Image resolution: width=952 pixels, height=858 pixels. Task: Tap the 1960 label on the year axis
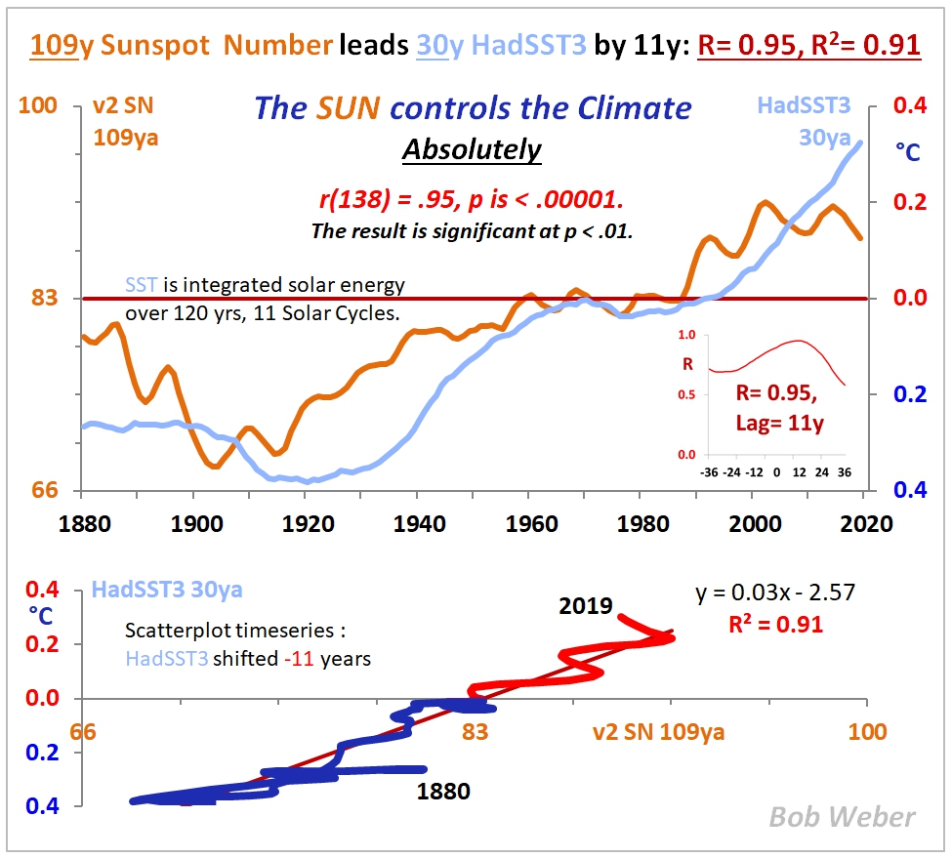529,522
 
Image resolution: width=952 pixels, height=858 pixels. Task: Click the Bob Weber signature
842,817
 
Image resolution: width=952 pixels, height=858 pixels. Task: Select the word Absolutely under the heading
472,150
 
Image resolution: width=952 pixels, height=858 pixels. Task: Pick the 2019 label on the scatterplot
585,606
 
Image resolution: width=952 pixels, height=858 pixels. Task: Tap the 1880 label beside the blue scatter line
443,792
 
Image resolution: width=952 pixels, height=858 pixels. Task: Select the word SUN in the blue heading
348,108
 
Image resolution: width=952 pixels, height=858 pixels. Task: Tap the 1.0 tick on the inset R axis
685,335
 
